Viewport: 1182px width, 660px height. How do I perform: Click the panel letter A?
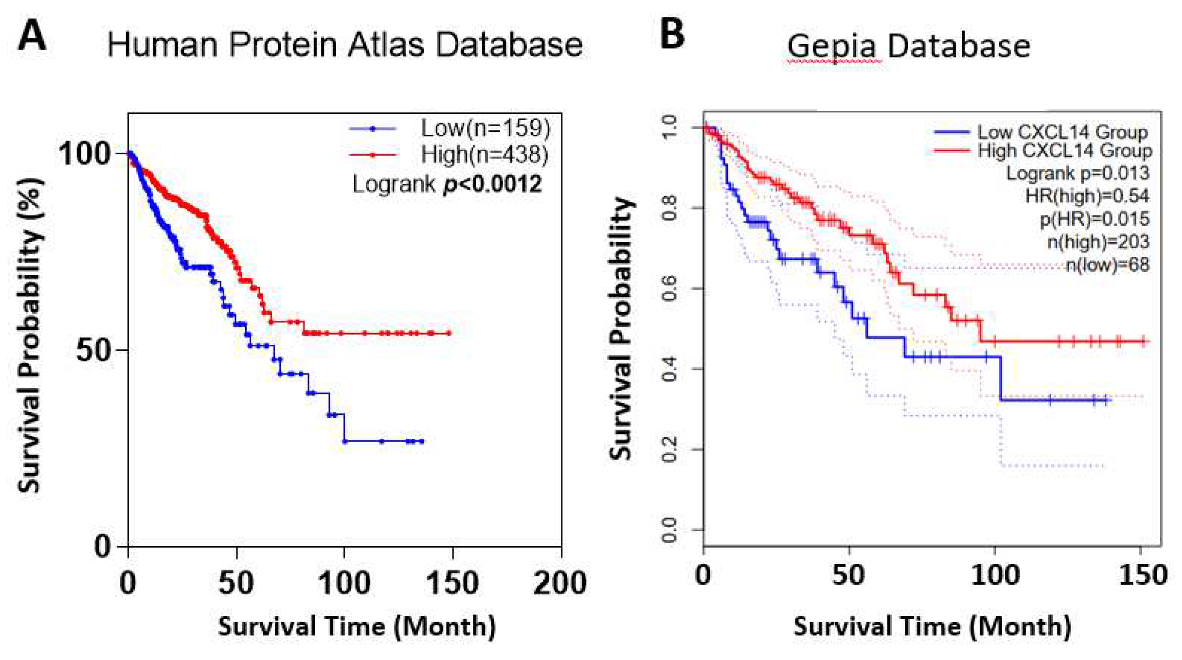coord(32,36)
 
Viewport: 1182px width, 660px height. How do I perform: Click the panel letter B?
coord(672,35)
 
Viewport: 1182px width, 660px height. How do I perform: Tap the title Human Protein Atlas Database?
coord(345,45)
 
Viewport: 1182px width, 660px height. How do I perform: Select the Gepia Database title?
coord(908,46)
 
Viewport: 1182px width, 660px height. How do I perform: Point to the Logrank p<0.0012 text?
coord(446,184)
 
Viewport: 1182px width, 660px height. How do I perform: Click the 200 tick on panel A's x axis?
coord(560,583)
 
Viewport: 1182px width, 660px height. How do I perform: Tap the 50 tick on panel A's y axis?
coord(93,350)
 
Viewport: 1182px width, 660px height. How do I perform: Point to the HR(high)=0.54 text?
coord(1087,196)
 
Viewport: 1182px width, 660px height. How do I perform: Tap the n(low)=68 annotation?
coord(1107,265)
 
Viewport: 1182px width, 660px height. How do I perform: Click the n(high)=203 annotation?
coord(1098,242)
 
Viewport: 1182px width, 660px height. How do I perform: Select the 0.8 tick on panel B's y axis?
coord(669,208)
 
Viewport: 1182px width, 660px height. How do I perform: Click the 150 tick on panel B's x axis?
coord(1142,575)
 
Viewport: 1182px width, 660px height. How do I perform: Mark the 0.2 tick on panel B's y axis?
coord(669,449)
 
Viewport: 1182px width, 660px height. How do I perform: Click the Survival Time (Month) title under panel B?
coord(932,626)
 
